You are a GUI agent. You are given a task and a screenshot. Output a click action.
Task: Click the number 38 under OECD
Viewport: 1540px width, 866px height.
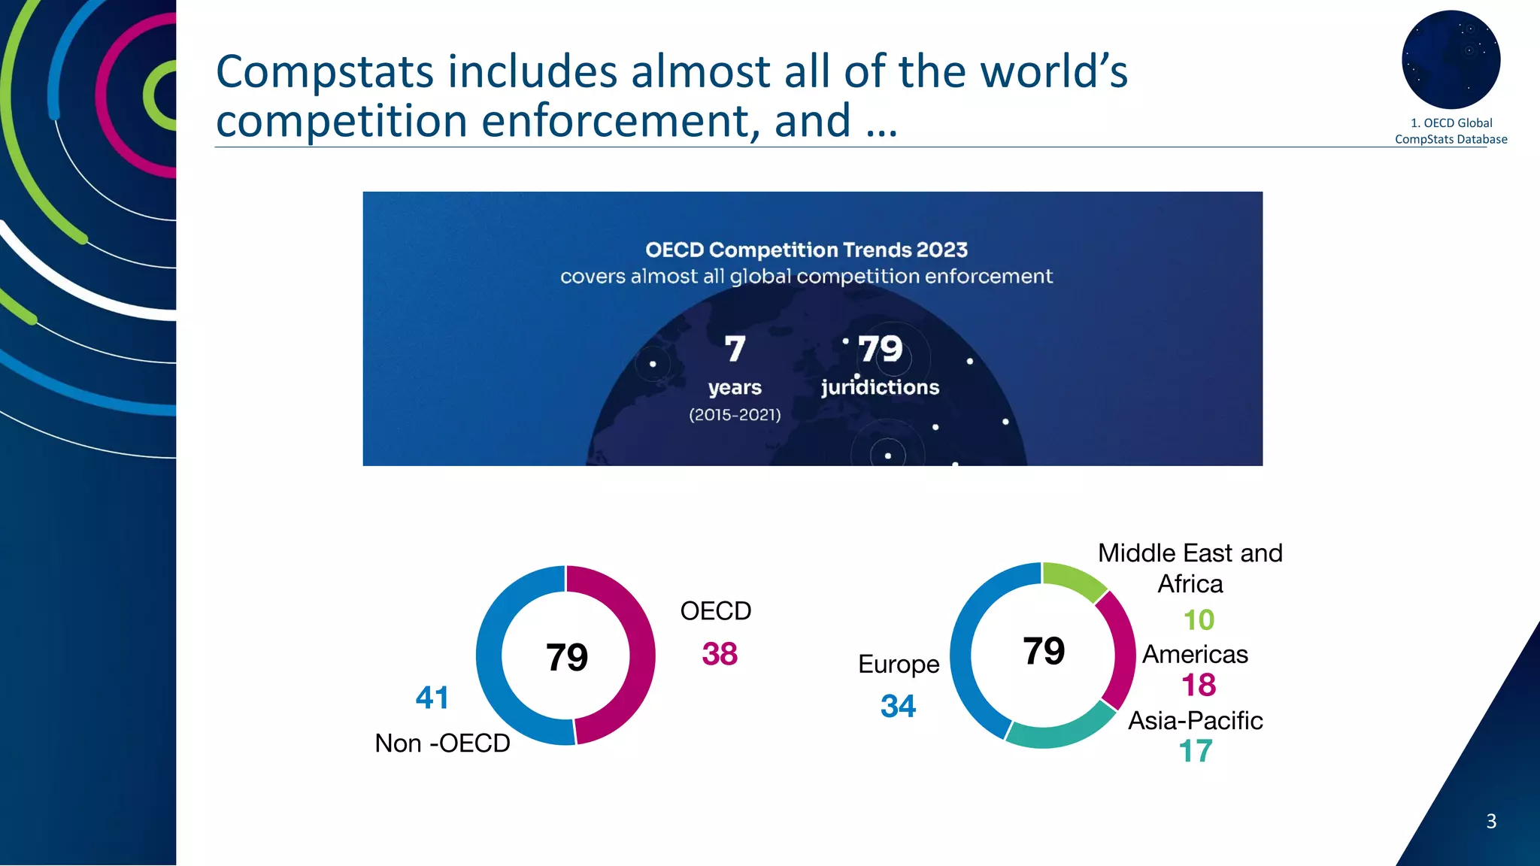click(x=720, y=654)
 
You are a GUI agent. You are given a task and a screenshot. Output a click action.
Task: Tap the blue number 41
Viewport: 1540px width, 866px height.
click(x=432, y=698)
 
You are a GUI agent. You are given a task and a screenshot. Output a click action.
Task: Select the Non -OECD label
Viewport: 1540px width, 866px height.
click(x=442, y=743)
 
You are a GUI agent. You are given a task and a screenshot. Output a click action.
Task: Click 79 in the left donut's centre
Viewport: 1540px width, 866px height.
click(x=566, y=657)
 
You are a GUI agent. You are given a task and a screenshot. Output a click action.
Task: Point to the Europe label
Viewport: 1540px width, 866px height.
click(x=899, y=665)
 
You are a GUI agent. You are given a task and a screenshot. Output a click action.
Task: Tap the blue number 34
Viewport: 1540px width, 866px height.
click(x=898, y=706)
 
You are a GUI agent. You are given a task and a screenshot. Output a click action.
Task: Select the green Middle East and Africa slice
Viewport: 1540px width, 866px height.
click(x=1074, y=580)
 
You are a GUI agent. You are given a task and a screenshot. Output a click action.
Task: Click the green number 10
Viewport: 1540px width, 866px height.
click(x=1199, y=620)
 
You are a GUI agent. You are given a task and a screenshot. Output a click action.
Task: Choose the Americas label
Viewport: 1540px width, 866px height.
click(x=1195, y=655)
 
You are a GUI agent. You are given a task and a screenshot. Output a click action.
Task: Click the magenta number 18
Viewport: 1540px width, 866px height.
click(x=1198, y=685)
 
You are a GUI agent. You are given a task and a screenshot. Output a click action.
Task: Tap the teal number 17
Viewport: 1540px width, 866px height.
click(x=1196, y=751)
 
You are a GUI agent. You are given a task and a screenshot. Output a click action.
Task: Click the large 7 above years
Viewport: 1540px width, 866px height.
click(x=735, y=349)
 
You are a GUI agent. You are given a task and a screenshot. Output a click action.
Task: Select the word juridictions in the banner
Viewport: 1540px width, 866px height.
click(x=880, y=387)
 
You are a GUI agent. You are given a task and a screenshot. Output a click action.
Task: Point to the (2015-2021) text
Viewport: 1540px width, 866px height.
click(x=735, y=415)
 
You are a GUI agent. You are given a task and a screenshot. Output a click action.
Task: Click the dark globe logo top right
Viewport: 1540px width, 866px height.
click(x=1451, y=59)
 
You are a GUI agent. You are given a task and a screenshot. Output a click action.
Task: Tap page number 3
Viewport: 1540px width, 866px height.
click(x=1491, y=821)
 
